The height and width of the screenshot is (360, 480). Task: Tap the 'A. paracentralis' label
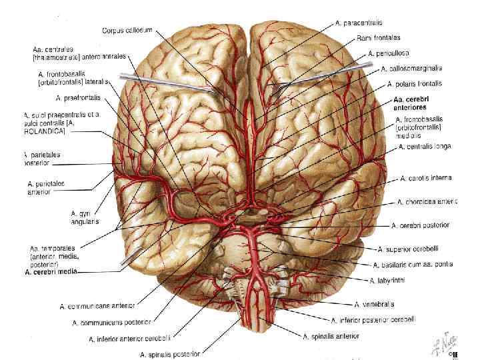point(359,23)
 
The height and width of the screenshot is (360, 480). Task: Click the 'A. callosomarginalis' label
point(411,68)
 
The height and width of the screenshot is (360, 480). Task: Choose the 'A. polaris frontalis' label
point(415,85)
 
